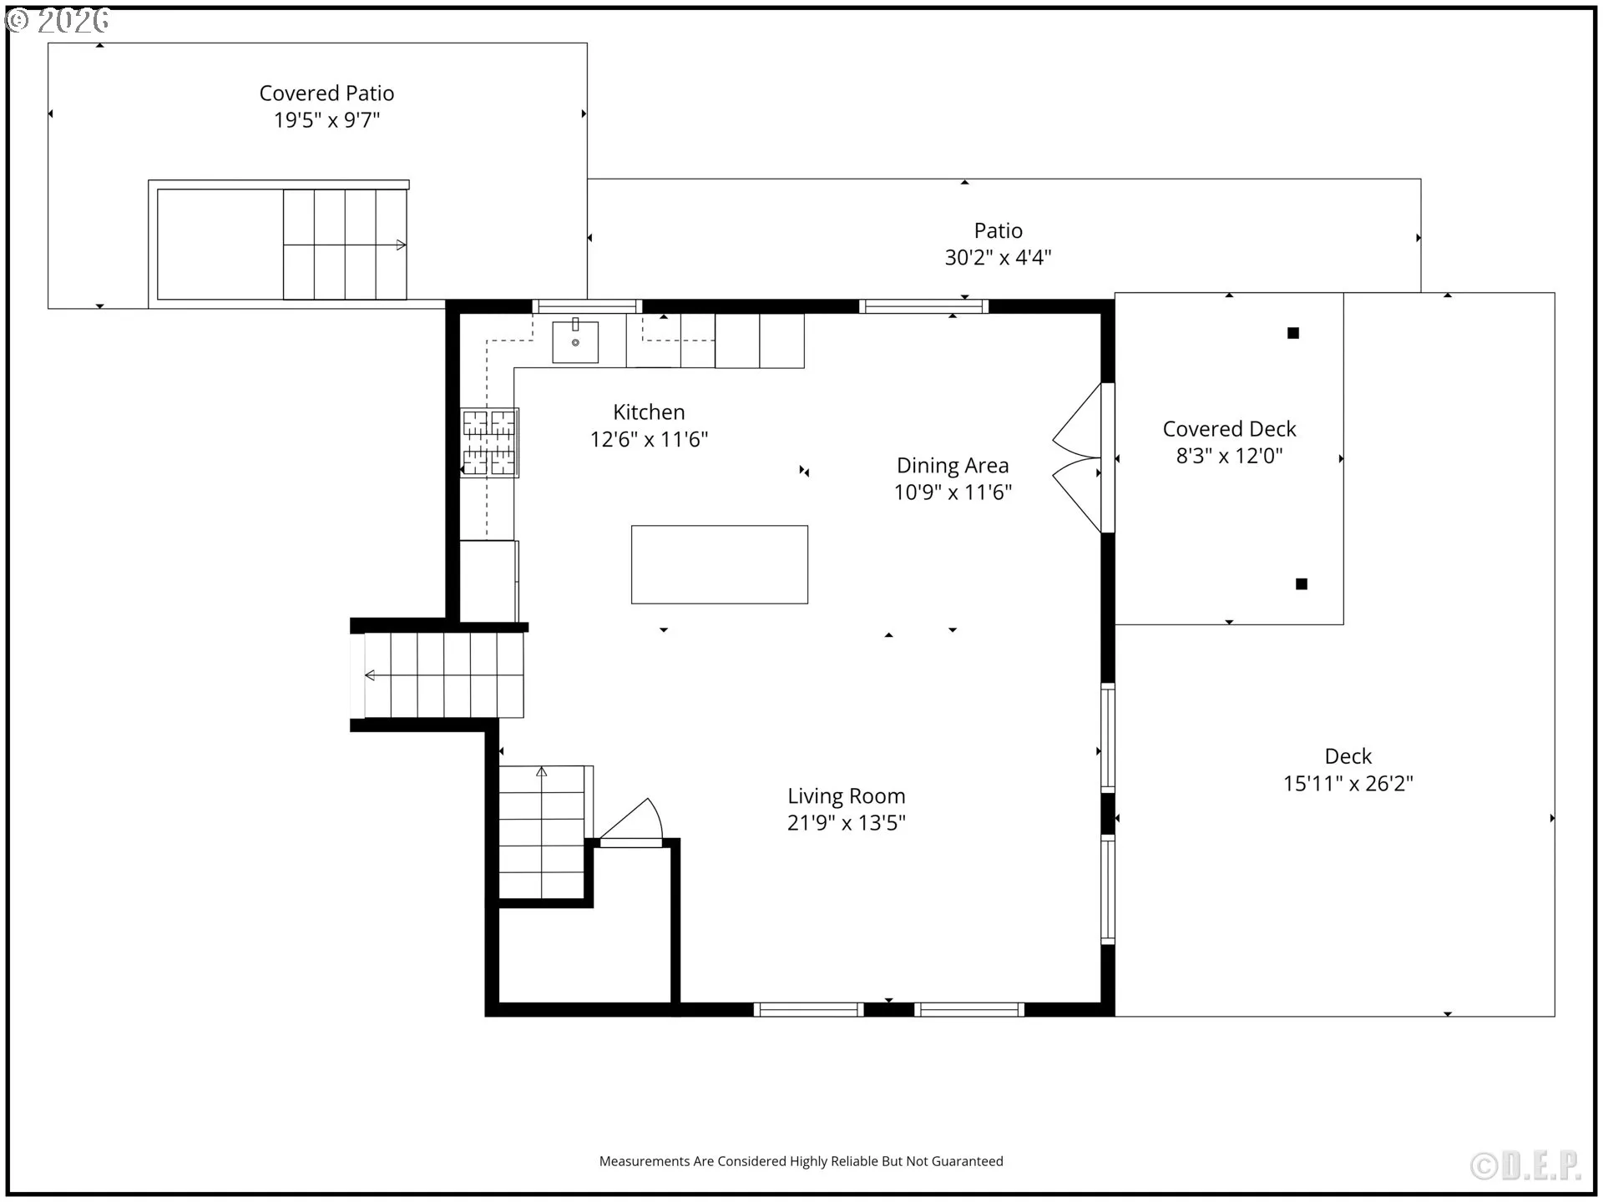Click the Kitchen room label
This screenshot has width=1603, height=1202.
(x=649, y=412)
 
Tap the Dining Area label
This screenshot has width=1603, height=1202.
(x=953, y=466)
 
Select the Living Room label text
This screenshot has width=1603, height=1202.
(x=847, y=797)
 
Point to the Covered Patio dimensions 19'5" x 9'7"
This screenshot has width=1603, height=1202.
(x=326, y=120)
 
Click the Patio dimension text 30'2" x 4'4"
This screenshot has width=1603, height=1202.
(x=998, y=258)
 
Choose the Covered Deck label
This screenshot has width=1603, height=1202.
(x=1229, y=429)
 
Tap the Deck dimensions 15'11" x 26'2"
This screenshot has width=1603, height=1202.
(x=1348, y=784)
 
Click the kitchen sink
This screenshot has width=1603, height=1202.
(x=575, y=341)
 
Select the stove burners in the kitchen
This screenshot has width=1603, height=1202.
(x=489, y=442)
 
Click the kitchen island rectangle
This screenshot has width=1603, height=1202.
(x=720, y=564)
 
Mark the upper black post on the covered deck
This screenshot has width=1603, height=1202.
(x=1293, y=333)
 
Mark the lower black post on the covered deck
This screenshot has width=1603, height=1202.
(x=1302, y=584)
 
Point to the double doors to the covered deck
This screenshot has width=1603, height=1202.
(x=1078, y=457)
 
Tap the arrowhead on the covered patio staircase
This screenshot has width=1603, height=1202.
(x=401, y=245)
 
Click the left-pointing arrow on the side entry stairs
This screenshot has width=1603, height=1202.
(x=370, y=675)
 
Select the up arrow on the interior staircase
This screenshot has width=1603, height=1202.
(x=542, y=772)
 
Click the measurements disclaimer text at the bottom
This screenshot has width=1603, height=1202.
(x=801, y=1161)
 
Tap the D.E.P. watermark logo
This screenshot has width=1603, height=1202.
(x=1526, y=1166)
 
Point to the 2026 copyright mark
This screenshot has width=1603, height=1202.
(x=58, y=20)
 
